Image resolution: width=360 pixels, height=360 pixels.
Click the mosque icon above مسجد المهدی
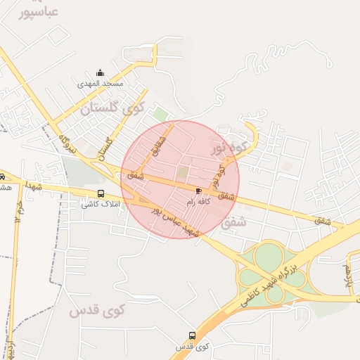pyautogui.click(x=100, y=72)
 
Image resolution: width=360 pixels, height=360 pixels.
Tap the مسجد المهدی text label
pyautogui.click(x=101, y=84)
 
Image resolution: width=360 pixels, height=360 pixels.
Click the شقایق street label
pyautogui.click(x=158, y=143)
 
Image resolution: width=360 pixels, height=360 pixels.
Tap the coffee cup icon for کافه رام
pyautogui.click(x=198, y=191)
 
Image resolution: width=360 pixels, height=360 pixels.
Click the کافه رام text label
pyautogui.click(x=198, y=202)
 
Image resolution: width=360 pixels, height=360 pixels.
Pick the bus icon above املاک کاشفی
pyautogui.click(x=101, y=193)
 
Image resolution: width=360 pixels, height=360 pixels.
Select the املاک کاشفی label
pyautogui.click(x=101, y=205)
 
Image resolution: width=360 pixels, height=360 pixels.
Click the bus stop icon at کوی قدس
pyautogui.click(x=193, y=335)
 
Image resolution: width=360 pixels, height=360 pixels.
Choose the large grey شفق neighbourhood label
pyautogui.click(x=233, y=223)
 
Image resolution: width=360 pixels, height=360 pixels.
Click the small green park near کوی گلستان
pyautogui.click(x=160, y=113)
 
